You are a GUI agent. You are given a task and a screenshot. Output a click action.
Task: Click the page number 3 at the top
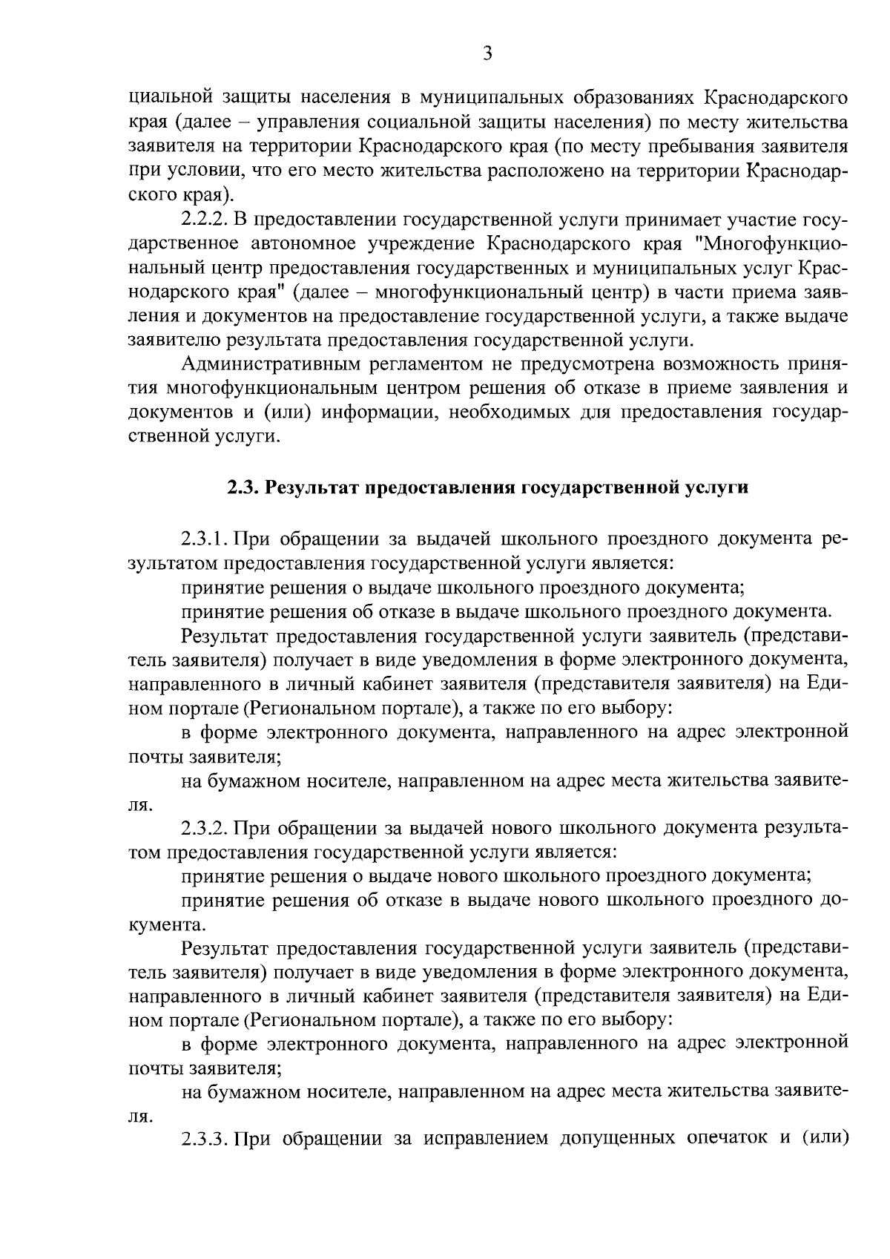(x=487, y=53)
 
